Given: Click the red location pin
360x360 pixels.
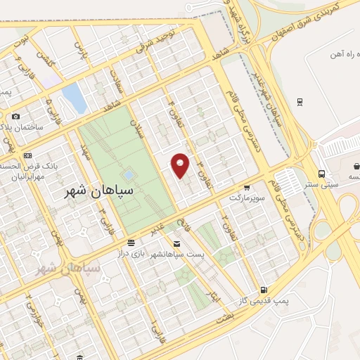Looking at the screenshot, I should pyautogui.click(x=181, y=165).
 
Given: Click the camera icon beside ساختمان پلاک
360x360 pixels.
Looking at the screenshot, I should pyautogui.click(x=16, y=117).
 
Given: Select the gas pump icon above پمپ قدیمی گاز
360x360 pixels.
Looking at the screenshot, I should pyautogui.click(x=264, y=289).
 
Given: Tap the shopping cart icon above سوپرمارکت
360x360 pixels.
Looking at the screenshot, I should pyautogui.click(x=247, y=188).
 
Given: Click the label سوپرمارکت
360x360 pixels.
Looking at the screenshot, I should pyautogui.click(x=245, y=199).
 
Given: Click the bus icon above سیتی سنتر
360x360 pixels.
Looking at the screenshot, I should pyautogui.click(x=321, y=174).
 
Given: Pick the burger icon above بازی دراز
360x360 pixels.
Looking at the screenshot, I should pyautogui.click(x=130, y=243).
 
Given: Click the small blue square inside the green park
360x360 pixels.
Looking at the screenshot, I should pyautogui.click(x=129, y=174).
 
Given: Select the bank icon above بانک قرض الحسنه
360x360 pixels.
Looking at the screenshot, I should pyautogui.click(x=27, y=155).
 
